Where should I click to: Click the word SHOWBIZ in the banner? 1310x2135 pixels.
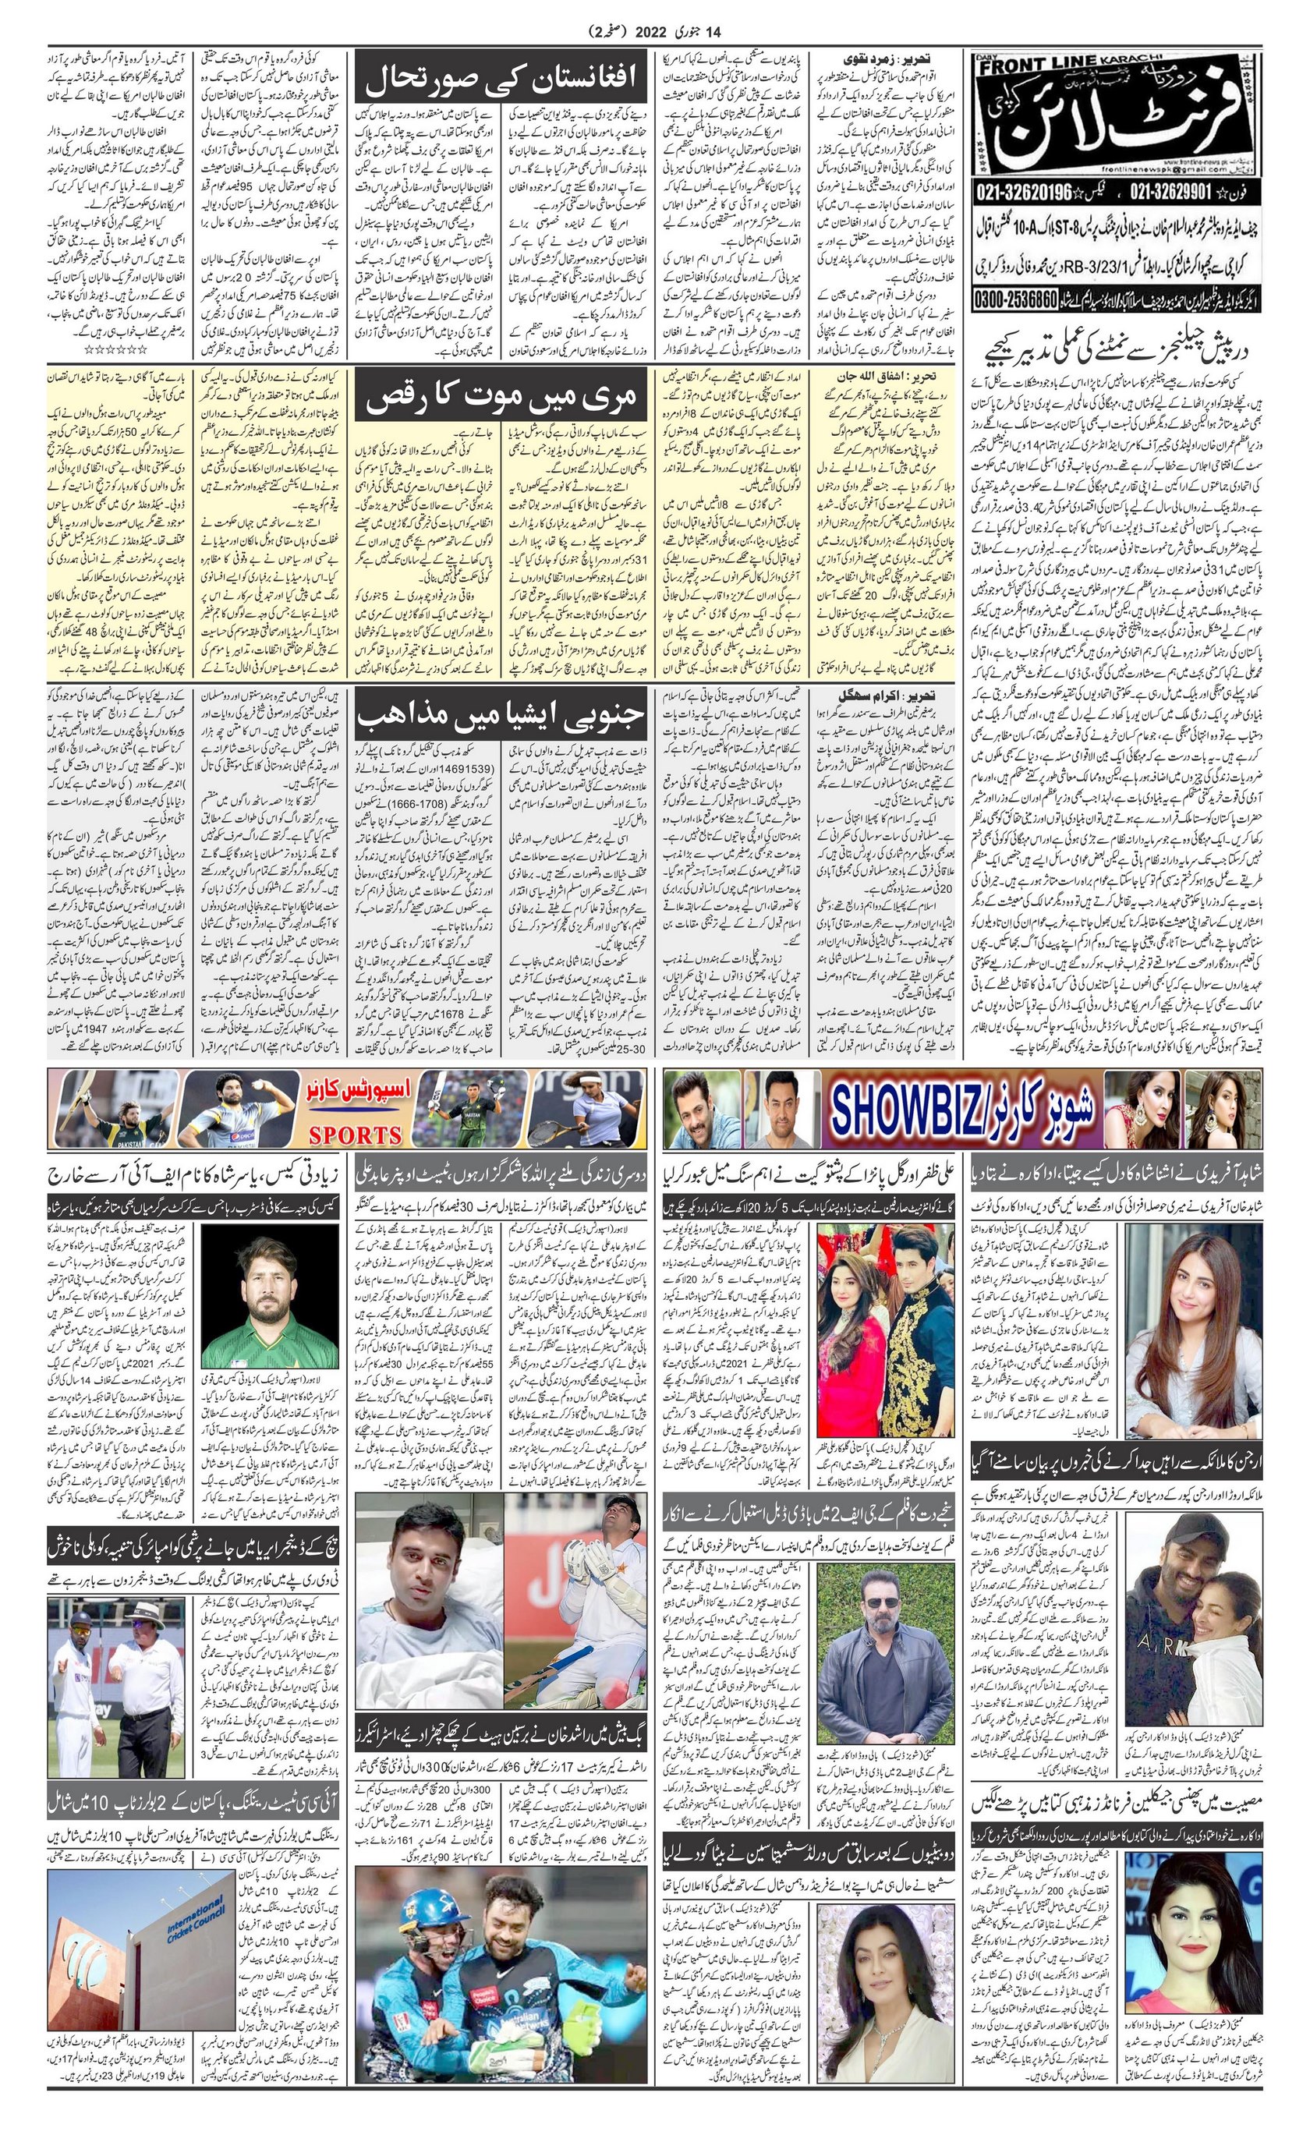tap(921, 1109)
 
